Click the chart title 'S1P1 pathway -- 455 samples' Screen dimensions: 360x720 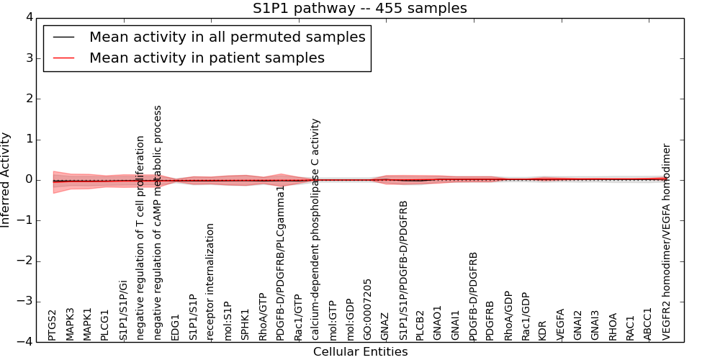coord(359,9)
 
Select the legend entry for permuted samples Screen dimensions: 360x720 coord(227,36)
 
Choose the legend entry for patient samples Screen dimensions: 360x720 coord(207,58)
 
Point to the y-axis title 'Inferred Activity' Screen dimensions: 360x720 coord(6,179)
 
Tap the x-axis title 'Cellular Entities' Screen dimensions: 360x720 coord(360,352)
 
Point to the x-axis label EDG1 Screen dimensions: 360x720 coord(176,327)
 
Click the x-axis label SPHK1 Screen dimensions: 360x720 coord(246,325)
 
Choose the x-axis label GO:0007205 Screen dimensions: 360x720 coord(368,310)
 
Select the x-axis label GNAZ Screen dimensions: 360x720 coord(385,326)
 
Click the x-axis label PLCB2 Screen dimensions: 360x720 coord(420,325)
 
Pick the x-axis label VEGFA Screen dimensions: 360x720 coord(560,325)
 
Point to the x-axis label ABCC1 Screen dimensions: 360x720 coord(648,325)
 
